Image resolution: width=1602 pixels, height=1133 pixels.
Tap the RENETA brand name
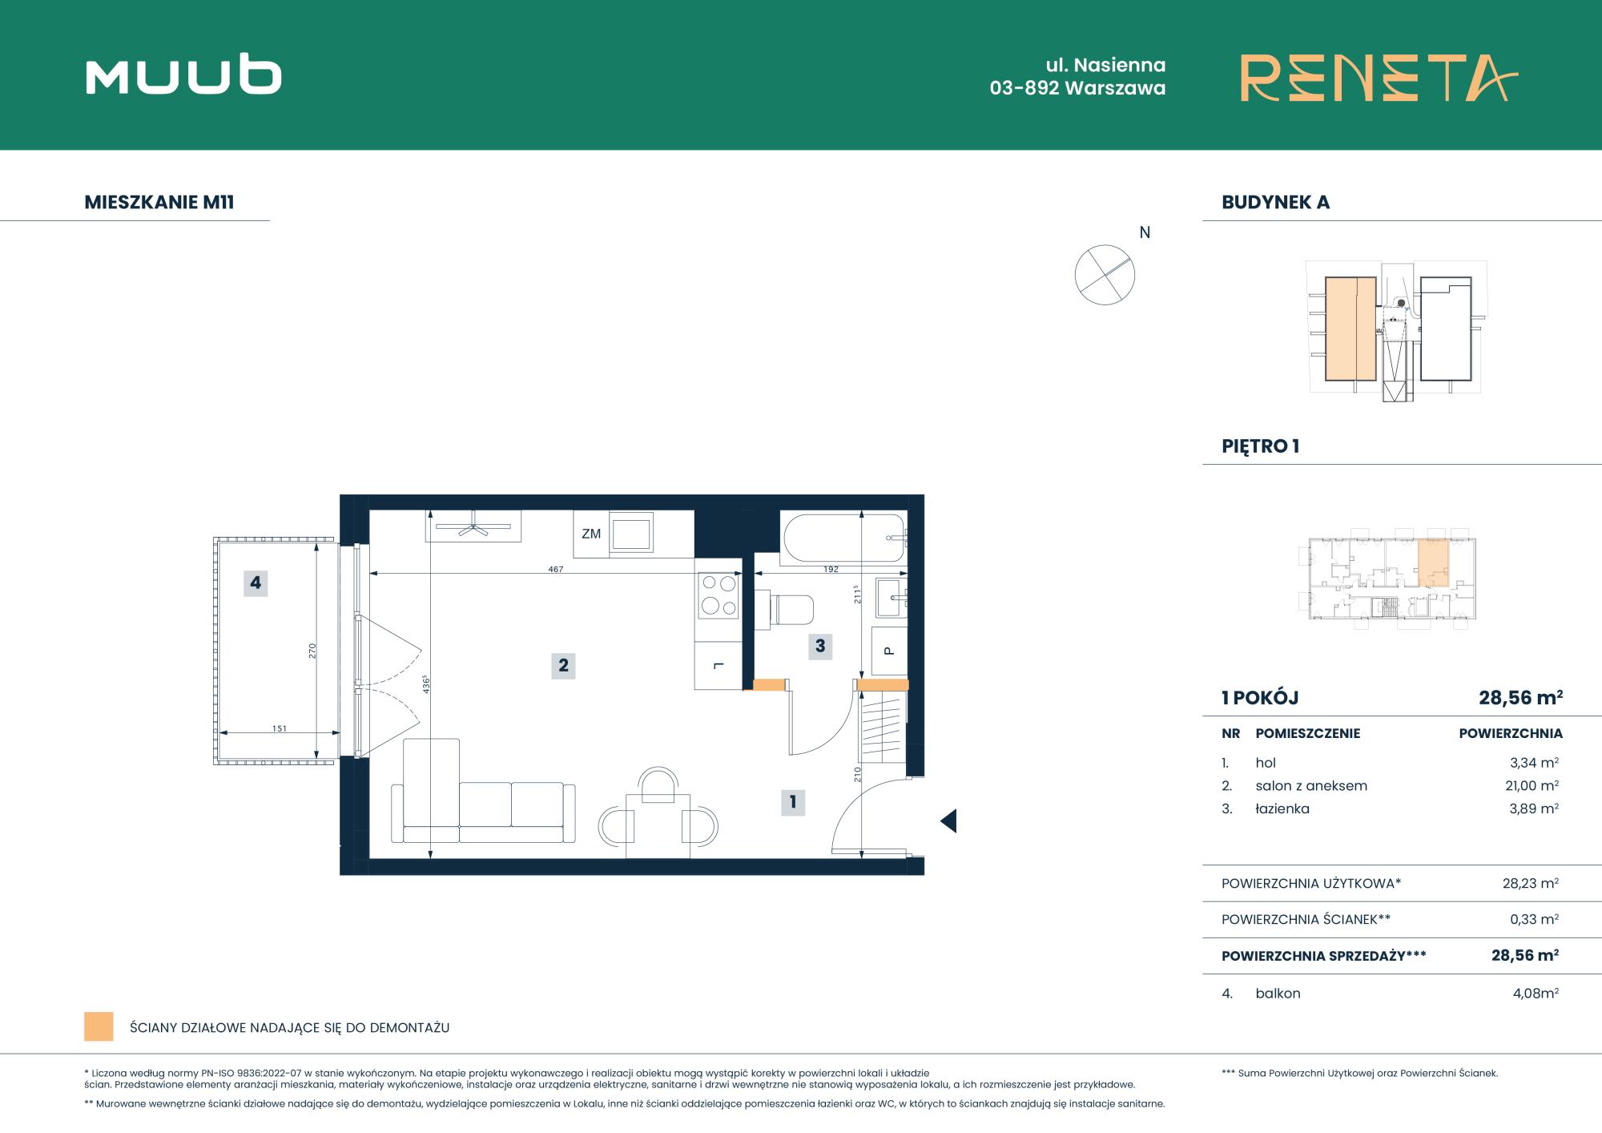1379,78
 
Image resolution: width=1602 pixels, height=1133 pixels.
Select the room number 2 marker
563,665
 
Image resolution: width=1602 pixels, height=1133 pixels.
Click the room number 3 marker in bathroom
820,646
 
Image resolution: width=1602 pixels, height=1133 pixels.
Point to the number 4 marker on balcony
256,583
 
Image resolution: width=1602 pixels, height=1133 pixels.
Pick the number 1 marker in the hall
793,801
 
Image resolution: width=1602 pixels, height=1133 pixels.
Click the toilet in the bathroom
784,608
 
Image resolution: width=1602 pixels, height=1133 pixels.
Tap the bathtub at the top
844,538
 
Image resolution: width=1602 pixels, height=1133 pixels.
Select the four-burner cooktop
718,595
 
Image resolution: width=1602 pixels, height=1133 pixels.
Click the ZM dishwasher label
591,534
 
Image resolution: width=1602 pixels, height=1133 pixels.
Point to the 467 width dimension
556,570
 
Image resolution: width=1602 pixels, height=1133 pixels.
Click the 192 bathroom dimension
831,570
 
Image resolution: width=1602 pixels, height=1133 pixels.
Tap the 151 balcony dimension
279,728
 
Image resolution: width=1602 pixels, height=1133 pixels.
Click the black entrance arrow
948,821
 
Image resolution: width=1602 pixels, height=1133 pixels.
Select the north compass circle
1105,275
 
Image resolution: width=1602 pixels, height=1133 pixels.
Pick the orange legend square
99,1026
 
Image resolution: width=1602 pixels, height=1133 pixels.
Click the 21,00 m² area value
1532,786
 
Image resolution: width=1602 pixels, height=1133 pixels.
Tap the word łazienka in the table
1282,809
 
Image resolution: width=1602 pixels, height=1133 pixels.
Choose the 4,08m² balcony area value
1536,994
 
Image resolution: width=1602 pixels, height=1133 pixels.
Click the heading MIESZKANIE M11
159,202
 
